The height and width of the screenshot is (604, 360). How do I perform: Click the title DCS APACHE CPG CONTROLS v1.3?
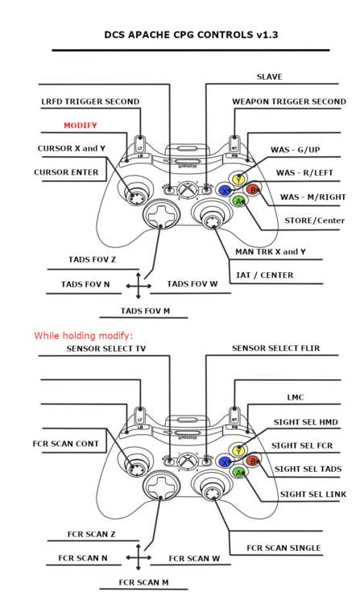click(191, 35)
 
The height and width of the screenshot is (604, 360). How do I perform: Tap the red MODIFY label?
click(81, 125)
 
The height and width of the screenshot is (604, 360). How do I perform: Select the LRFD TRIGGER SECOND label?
click(90, 101)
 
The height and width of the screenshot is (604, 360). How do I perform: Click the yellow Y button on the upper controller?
click(238, 179)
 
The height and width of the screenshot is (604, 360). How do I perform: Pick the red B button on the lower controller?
click(253, 461)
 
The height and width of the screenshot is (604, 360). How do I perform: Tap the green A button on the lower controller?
click(238, 472)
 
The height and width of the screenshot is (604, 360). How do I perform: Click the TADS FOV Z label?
click(92, 259)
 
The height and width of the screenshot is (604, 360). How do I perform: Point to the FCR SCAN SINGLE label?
click(283, 548)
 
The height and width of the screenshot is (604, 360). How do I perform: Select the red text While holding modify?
click(84, 336)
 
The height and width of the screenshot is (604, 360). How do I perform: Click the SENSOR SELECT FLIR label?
click(275, 348)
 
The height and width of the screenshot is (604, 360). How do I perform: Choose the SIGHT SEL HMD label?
click(306, 422)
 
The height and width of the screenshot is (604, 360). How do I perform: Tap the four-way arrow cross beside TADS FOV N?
click(139, 286)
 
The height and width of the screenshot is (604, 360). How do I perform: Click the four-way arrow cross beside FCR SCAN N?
click(139, 557)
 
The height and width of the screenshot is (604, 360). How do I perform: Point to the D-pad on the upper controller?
click(162, 216)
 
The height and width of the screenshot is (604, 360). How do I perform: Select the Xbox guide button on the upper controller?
click(188, 189)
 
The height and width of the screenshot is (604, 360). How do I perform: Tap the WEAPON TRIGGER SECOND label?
click(289, 101)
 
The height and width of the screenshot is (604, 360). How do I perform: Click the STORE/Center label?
click(315, 221)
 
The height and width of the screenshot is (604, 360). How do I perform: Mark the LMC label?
click(296, 398)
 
